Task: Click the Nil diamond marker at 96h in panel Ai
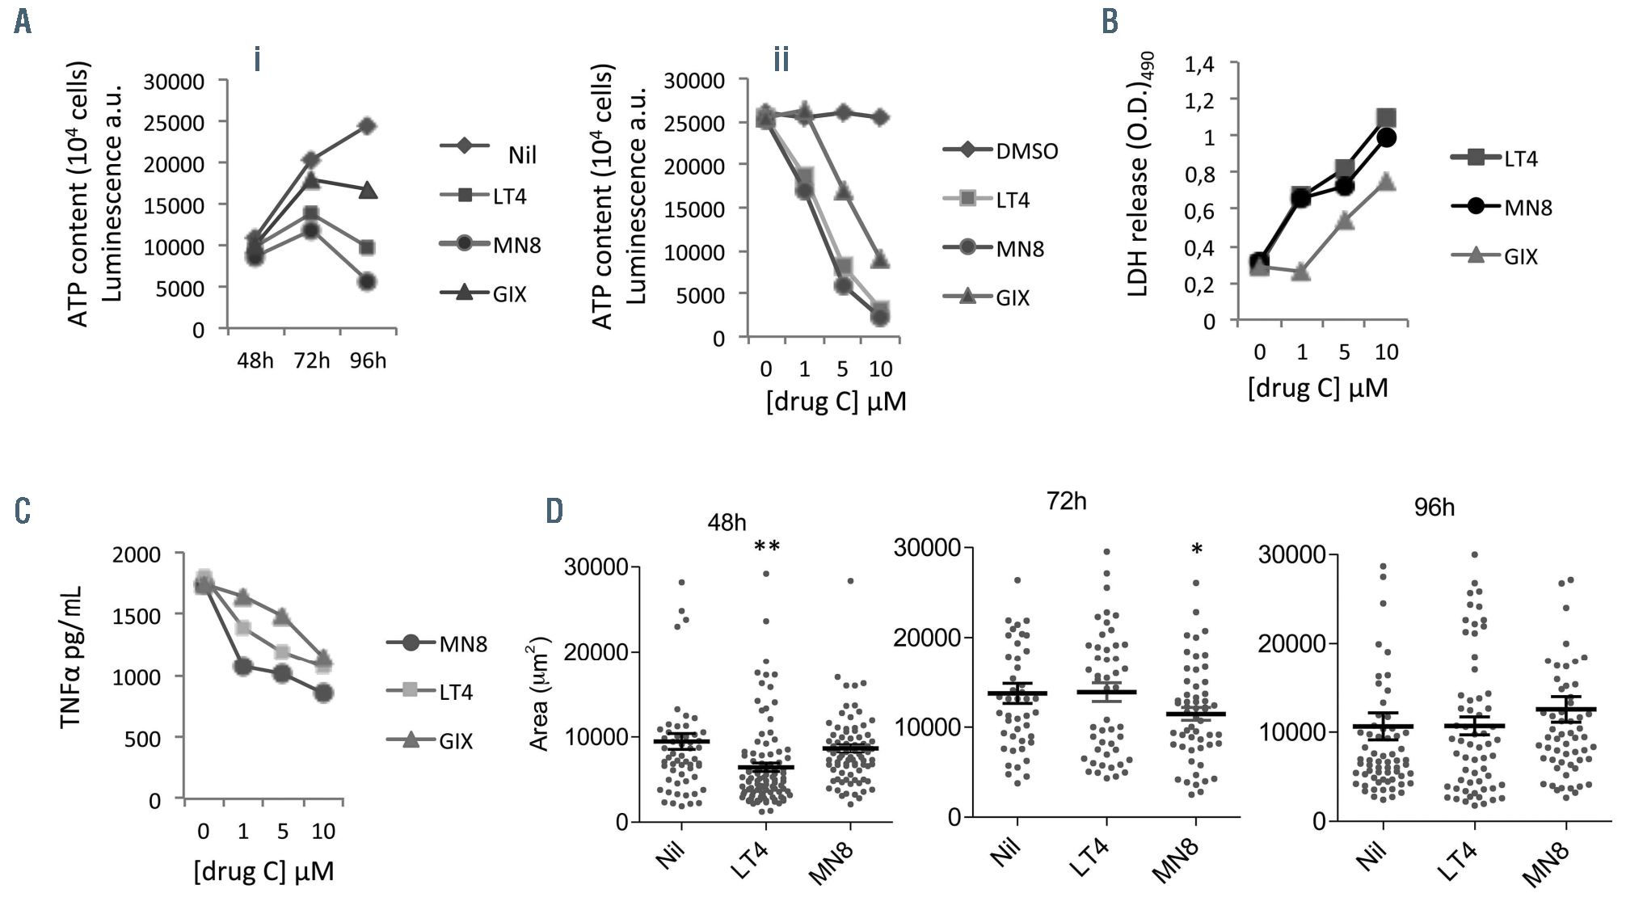tap(367, 126)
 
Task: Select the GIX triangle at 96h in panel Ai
tap(367, 191)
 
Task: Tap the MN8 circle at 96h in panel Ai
tap(367, 281)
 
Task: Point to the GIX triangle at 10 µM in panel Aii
tap(880, 259)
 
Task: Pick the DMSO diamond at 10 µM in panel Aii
tap(880, 118)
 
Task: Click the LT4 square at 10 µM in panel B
tap(1386, 119)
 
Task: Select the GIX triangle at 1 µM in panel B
tap(1301, 272)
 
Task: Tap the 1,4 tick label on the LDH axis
tap(1199, 64)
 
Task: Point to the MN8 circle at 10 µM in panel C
tap(323, 693)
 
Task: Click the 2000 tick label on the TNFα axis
tap(137, 554)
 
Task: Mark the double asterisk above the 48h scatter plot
tap(766, 547)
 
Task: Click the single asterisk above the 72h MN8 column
tap(1197, 550)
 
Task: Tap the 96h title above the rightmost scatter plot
tap(1434, 508)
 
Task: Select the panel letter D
tap(554, 511)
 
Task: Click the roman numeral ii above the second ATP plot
tap(781, 59)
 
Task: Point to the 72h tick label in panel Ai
tap(312, 360)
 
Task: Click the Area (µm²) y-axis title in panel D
tap(539, 694)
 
